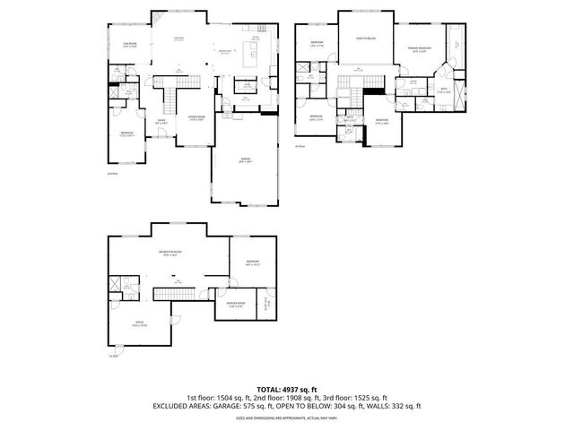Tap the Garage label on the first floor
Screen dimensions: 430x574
245,159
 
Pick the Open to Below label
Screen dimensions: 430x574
365,39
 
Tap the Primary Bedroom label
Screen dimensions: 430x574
419,47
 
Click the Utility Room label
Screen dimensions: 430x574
266,303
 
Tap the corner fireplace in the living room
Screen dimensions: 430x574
157,18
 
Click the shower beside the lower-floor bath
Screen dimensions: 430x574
116,284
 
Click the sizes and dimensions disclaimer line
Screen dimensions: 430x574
286,417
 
